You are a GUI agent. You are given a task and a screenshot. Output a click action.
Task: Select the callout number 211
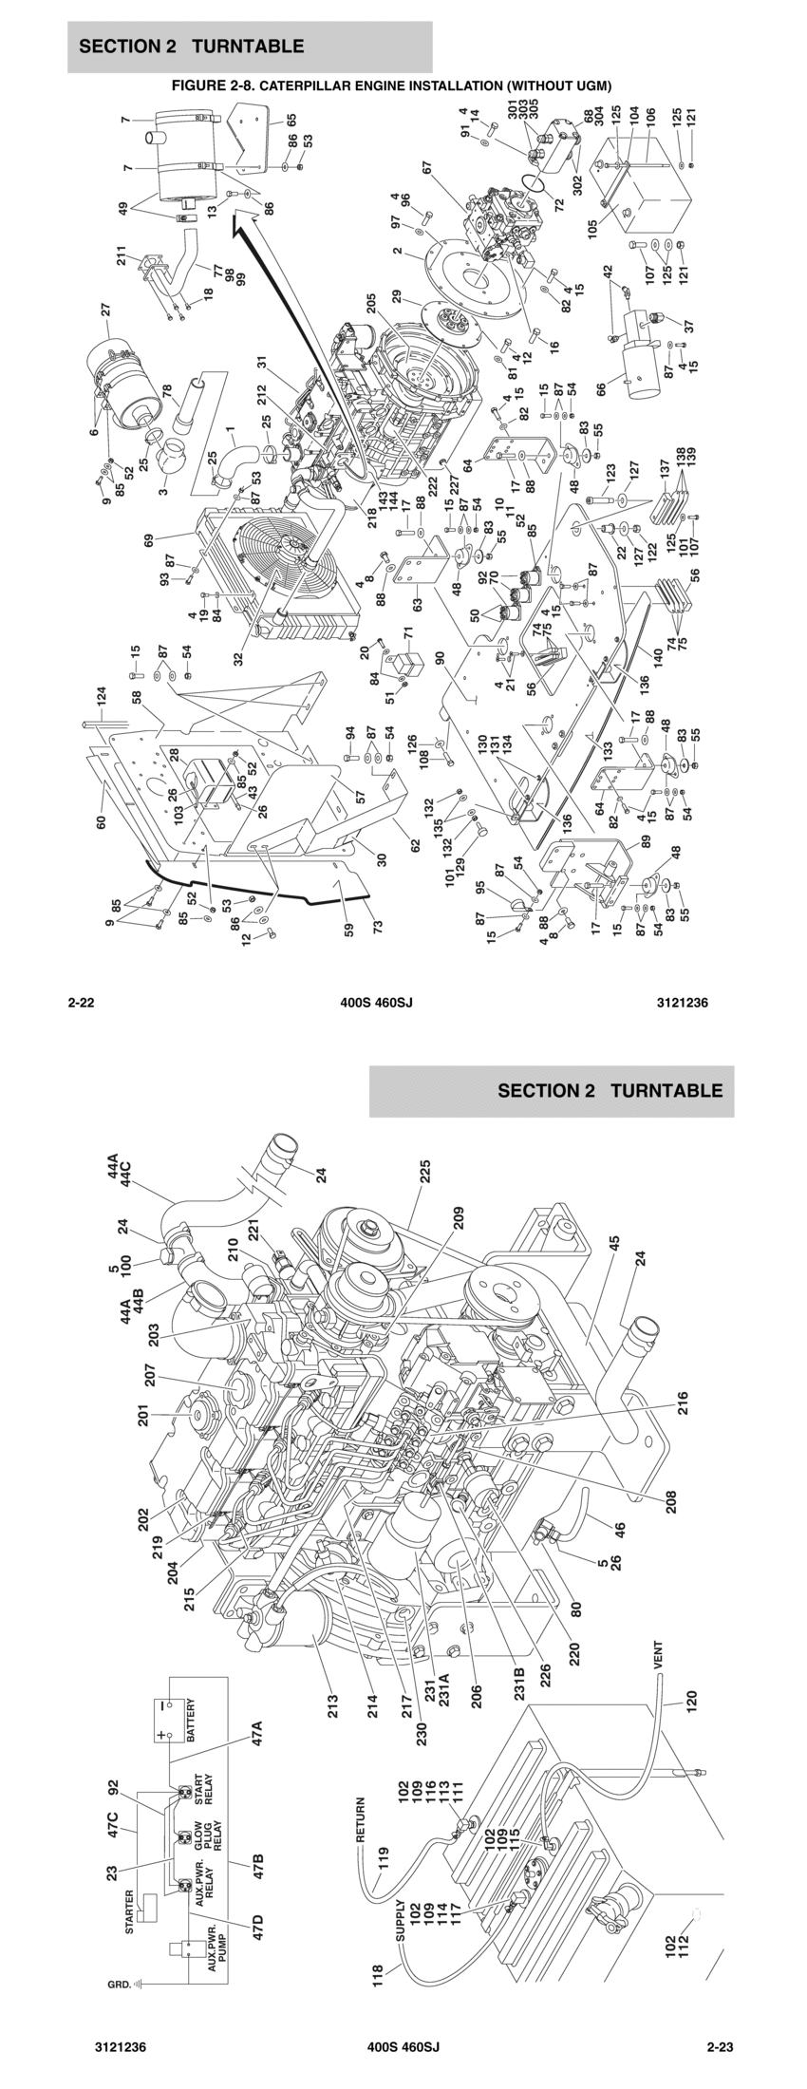pyautogui.click(x=121, y=255)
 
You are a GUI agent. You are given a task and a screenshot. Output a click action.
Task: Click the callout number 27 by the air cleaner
pyautogui.click(x=106, y=309)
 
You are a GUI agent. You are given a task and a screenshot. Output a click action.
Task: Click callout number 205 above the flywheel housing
pyautogui.click(x=372, y=308)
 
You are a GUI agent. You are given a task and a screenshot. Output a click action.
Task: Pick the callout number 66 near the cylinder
pyautogui.click(x=600, y=389)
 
